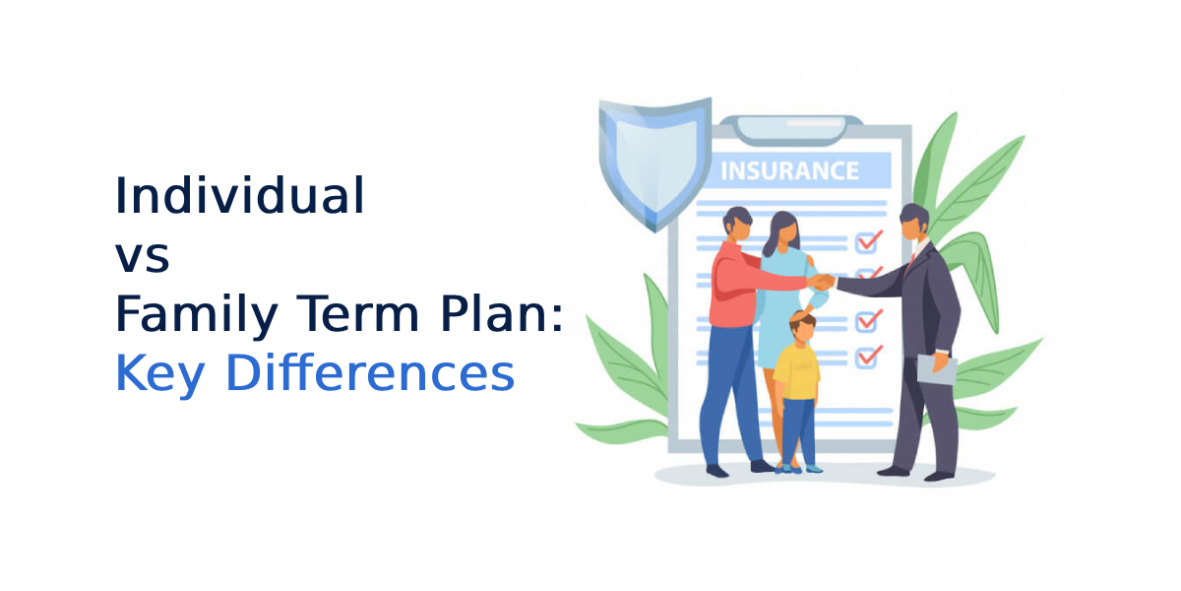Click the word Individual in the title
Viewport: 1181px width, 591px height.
click(x=240, y=195)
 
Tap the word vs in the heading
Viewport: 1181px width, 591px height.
click(x=143, y=257)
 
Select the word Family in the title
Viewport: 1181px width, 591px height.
click(x=196, y=315)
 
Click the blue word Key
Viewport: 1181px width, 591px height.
click(x=159, y=374)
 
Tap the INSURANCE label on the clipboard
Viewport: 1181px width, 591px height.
click(x=789, y=171)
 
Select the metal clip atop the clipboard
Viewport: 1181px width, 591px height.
click(x=791, y=130)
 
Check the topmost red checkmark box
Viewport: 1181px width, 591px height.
click(x=868, y=241)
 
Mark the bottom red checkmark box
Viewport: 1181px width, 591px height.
click(x=868, y=358)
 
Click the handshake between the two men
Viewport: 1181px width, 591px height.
click(x=822, y=282)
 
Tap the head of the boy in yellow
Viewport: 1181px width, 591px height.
click(x=803, y=327)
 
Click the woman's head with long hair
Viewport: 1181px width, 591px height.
click(x=782, y=232)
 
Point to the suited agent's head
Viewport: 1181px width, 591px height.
click(x=914, y=222)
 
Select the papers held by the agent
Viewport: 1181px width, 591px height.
click(x=937, y=368)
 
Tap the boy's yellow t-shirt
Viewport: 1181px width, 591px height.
click(x=796, y=371)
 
